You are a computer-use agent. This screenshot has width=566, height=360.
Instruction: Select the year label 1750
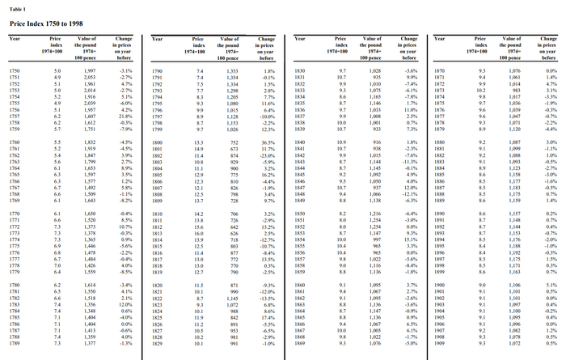[x=14, y=72]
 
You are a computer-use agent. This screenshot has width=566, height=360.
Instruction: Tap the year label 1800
[x=158, y=142]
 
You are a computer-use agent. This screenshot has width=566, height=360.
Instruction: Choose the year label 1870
[x=439, y=72]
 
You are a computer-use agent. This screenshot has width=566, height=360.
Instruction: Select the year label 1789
[x=14, y=343]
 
